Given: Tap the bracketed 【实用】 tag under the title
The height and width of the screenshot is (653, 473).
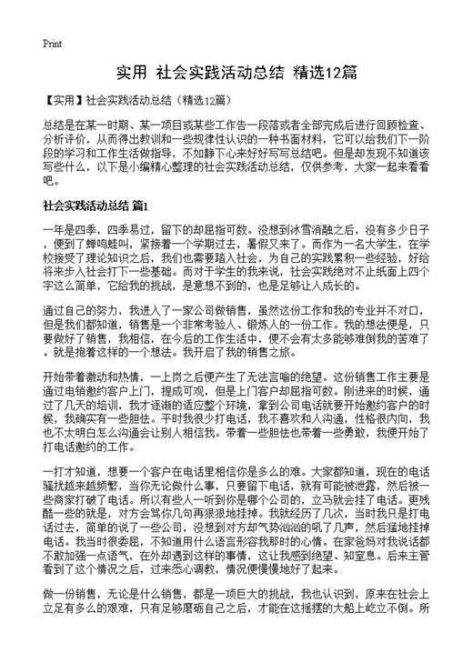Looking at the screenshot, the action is coord(62,98).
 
